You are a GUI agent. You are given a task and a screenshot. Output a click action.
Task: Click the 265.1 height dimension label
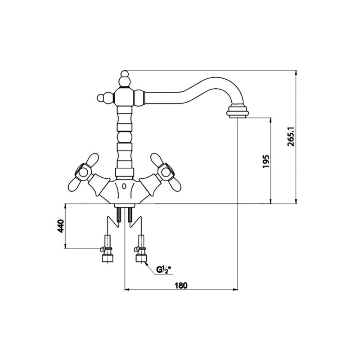[291, 137]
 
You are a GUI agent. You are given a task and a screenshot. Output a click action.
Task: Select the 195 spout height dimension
[265, 161]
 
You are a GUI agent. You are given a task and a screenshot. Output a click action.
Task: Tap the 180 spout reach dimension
[181, 285]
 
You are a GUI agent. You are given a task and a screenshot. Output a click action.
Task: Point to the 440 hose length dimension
[61, 226]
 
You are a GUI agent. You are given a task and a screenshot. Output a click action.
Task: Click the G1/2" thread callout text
[163, 270]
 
